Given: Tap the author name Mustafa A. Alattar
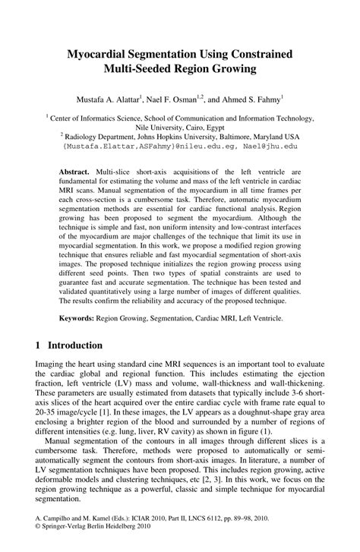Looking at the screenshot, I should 112,99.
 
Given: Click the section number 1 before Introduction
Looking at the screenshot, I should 39,343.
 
